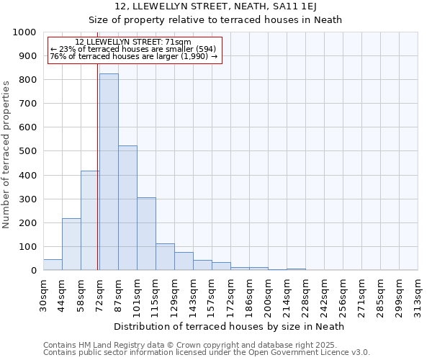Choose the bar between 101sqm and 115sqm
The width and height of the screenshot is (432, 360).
(x=146, y=233)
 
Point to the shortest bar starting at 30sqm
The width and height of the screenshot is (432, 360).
(x=53, y=264)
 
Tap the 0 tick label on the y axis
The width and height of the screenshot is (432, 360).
(x=33, y=271)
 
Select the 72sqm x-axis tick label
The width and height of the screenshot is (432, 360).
(x=99, y=295)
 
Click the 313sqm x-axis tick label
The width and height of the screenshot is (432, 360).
(x=418, y=295)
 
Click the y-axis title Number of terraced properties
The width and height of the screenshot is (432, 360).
(x=7, y=154)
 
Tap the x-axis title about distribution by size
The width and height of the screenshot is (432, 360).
(x=229, y=326)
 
